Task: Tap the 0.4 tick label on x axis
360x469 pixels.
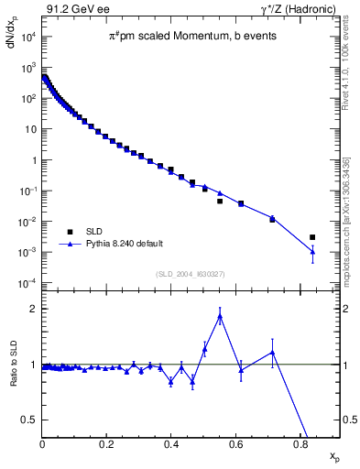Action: tap(170, 446)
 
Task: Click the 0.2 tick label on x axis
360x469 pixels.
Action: tap(106, 446)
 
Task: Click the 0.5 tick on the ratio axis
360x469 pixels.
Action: tap(29, 420)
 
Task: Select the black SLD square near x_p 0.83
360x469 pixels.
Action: tap(312, 237)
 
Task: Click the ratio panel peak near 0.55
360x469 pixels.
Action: tap(220, 317)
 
